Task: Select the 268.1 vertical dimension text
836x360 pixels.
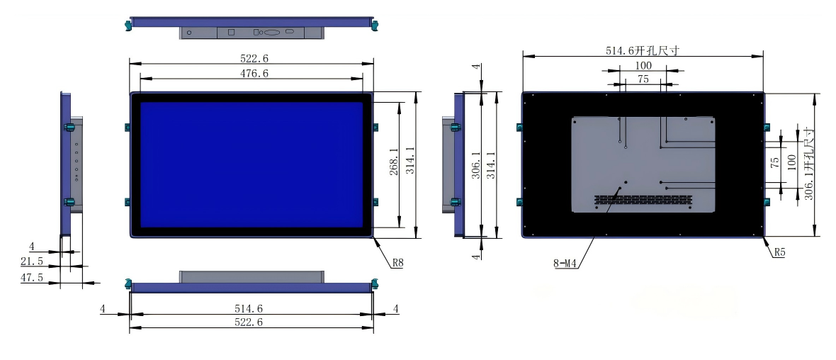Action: click(393, 164)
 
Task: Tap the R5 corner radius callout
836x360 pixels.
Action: click(779, 252)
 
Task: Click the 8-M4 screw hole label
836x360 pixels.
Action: click(567, 264)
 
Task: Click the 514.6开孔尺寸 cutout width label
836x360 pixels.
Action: click(643, 50)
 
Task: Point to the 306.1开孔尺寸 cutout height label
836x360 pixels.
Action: click(808, 164)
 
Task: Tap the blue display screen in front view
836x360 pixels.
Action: click(252, 164)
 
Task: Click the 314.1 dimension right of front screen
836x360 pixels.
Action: click(409, 164)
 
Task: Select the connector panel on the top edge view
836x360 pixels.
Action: click(252, 32)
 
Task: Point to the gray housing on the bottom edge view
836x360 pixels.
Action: click(252, 276)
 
